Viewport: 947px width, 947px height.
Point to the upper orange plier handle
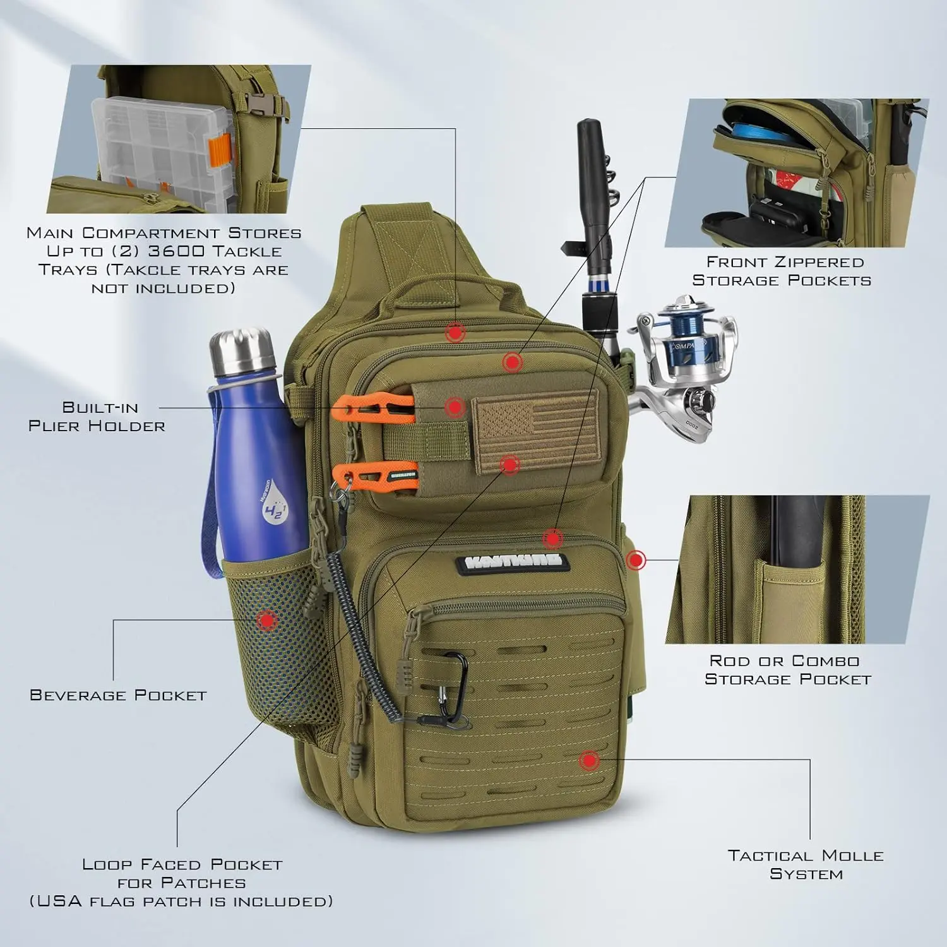point(372,408)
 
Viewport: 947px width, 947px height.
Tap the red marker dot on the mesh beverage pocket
point(268,620)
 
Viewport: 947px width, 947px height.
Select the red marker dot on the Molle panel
point(589,761)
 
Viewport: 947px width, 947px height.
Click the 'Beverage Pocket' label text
point(118,695)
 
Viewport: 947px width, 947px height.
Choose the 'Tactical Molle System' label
point(806,865)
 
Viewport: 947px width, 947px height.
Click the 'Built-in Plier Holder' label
point(97,417)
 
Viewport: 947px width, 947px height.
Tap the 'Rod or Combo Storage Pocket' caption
point(787,670)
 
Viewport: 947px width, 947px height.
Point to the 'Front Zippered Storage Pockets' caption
point(782,271)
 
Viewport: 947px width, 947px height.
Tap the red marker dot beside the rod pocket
point(636,559)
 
